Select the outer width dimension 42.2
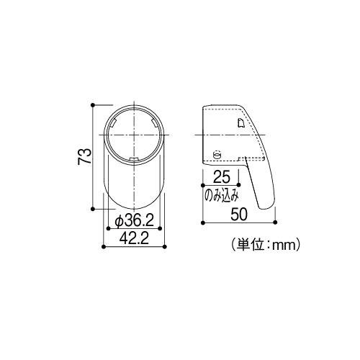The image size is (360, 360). [x=134, y=240]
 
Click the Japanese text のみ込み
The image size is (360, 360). [x=221, y=195]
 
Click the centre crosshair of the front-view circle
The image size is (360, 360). [x=135, y=135]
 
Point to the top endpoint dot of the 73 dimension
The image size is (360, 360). [x=93, y=105]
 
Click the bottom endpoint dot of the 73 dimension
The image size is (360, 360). [x=93, y=210]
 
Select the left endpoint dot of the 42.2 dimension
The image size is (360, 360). [x=105, y=248]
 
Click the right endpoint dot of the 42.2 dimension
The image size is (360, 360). [x=164, y=248]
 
